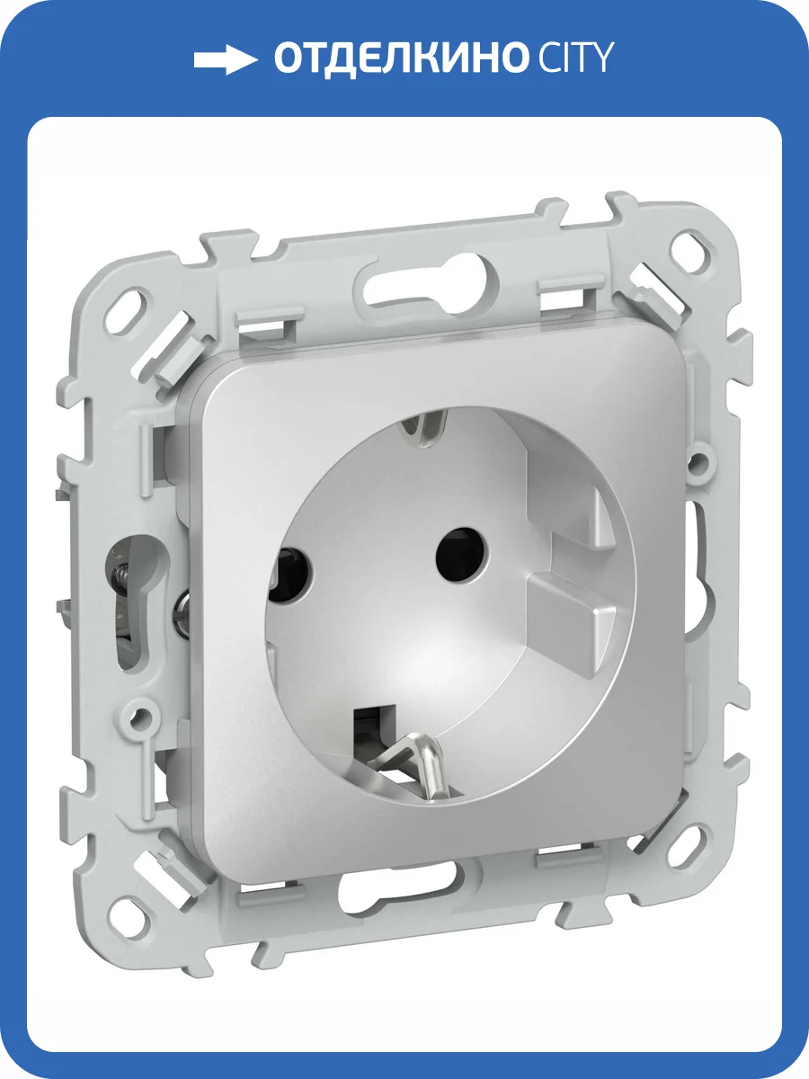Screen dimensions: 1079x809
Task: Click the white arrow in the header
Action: (x=226, y=60)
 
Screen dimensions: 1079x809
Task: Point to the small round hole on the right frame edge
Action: (x=695, y=464)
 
